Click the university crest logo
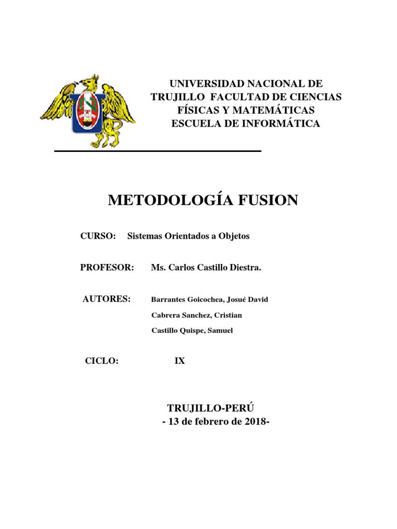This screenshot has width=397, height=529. tap(88, 111)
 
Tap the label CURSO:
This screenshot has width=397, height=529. tap(97, 236)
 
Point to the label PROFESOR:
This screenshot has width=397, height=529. tap(107, 268)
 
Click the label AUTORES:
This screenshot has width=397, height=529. tap(106, 299)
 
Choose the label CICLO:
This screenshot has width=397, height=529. tap(102, 361)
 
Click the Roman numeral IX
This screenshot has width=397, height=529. tap(179, 361)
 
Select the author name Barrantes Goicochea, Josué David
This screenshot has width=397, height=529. tap(209, 300)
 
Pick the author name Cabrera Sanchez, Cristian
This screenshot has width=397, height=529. tap(196, 315)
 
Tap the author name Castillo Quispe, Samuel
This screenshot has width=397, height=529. tap(192, 331)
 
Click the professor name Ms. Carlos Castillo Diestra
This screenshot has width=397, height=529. tap(206, 268)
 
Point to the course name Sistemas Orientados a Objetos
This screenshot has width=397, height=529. tap(188, 236)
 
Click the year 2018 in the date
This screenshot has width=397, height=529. tap(255, 422)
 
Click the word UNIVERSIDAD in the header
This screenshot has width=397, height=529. tap(206, 84)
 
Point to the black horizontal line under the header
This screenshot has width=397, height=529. tap(158, 151)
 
